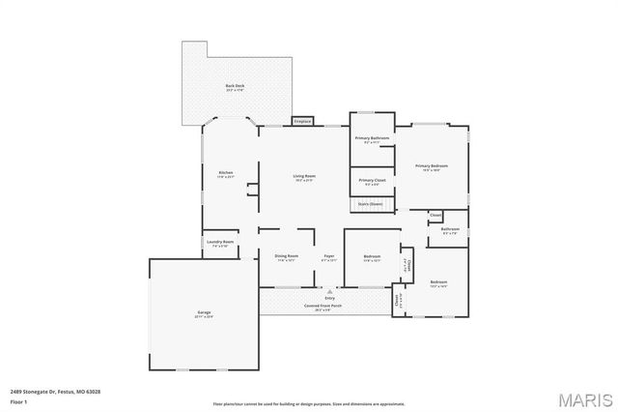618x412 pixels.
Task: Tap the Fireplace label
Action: click(302, 121)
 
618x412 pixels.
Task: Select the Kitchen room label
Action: click(225, 173)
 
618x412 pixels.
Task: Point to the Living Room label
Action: click(305, 176)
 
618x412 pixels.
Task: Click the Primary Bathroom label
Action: click(372, 138)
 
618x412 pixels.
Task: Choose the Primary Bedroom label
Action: click(432, 166)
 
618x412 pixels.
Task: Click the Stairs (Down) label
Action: click(371, 204)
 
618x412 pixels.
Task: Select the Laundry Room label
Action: click(222, 242)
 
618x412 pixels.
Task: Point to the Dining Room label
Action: click(287, 256)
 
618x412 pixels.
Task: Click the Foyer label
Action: click(329, 256)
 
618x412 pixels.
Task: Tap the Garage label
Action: click(204, 312)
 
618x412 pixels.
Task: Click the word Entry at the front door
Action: click(330, 298)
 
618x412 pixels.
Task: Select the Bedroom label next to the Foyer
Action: click(372, 256)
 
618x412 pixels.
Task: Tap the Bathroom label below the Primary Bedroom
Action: click(450, 229)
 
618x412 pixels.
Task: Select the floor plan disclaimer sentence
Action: click(309, 403)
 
